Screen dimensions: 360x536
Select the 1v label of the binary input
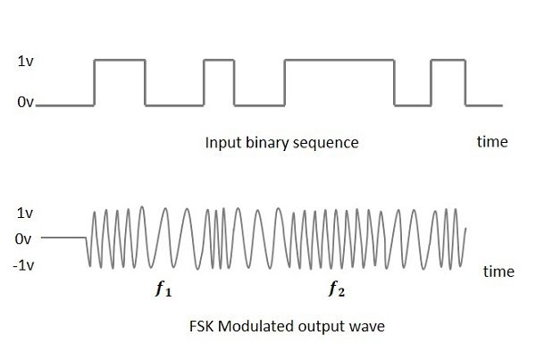26,63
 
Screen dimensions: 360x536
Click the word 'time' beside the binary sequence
490,141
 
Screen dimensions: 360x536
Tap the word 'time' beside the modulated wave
498,272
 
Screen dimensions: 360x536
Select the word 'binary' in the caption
265,143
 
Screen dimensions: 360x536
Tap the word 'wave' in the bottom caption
367,326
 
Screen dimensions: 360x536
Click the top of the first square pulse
120,60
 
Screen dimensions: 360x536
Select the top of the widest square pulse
339,60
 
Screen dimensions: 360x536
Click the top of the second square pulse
217,60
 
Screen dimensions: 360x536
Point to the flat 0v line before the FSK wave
63,238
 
